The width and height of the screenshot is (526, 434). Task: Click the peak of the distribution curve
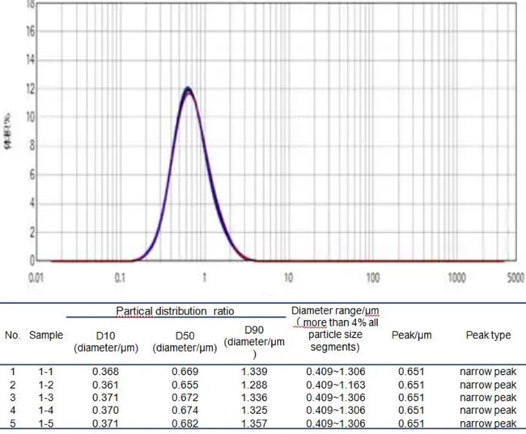[x=188, y=88]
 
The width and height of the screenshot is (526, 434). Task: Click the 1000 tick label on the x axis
[x=456, y=278]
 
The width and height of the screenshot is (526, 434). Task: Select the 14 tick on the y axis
[x=30, y=60]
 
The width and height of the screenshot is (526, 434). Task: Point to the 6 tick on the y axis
[x=31, y=175]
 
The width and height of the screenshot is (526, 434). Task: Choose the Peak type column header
[x=488, y=335]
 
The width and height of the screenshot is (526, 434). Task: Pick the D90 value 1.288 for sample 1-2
[x=253, y=386]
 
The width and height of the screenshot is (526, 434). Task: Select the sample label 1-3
[x=46, y=398]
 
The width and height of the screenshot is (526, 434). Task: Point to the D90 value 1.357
[x=253, y=424]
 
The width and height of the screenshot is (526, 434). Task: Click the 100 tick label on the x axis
[x=372, y=278]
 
